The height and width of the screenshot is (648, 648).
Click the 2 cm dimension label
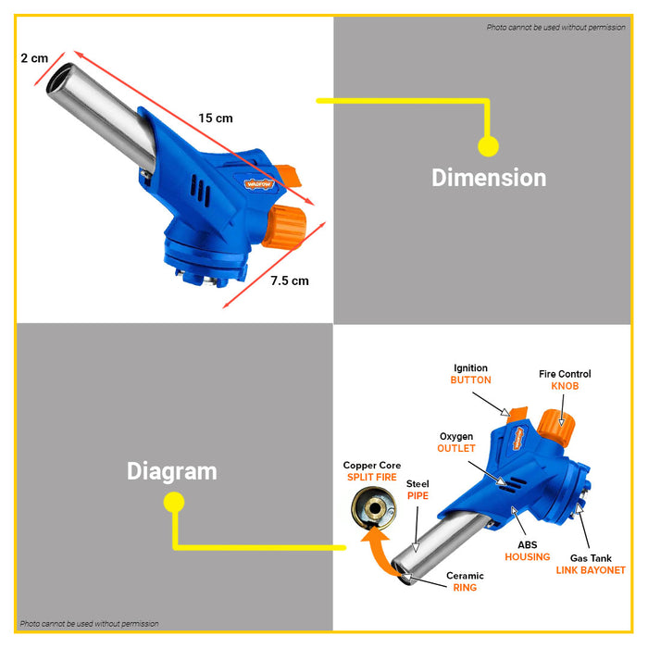coord(34,57)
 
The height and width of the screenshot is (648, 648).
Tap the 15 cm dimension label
coord(216,118)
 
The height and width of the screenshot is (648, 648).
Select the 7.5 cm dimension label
coord(290,280)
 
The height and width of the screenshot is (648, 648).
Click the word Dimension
coord(489,178)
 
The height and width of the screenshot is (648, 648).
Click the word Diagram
coord(171,471)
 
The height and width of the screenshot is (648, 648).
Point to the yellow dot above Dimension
coord(488,145)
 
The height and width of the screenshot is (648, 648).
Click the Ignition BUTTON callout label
coord(470,374)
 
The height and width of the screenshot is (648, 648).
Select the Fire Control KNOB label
coord(565,380)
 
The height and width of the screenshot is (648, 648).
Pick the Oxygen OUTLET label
coord(455,442)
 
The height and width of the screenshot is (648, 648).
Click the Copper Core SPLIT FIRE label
coord(370,471)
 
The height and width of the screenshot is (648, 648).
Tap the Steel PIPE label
coord(417,489)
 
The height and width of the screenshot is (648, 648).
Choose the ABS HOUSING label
coord(527,551)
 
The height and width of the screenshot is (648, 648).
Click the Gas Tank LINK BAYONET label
coord(590,564)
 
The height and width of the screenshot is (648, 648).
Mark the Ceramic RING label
coord(465,581)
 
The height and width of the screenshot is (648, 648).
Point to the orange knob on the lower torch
coord(563,428)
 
